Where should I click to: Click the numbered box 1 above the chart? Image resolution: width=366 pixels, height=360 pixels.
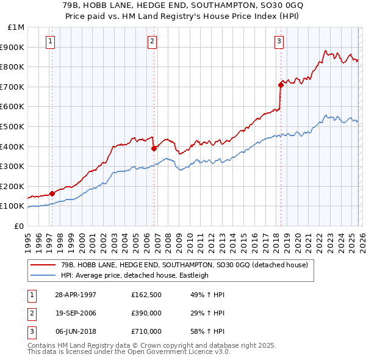[x=49, y=41]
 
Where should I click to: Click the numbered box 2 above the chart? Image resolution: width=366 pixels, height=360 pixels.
[x=152, y=41]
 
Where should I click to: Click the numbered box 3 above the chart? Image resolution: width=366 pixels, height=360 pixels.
[x=279, y=41]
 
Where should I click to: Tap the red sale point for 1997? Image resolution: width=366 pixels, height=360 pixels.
[x=52, y=193]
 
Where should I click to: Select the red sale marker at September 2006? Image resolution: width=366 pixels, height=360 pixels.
[x=154, y=148]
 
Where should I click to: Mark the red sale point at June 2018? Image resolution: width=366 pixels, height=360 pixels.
[x=281, y=85]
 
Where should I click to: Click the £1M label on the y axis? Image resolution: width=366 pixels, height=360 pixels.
[x=16, y=27]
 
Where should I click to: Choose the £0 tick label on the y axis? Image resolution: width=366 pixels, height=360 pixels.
[x=20, y=226]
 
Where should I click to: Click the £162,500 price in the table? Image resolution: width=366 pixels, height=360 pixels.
[x=146, y=295]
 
